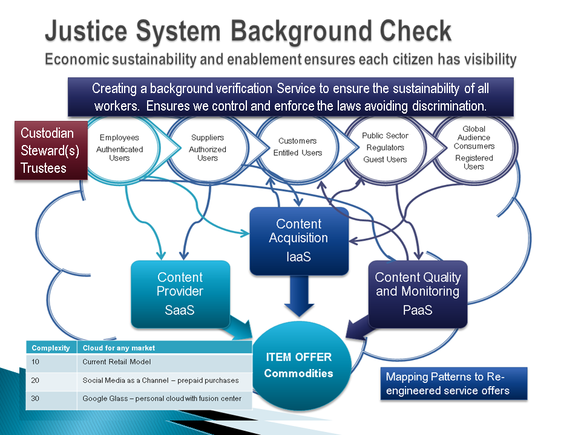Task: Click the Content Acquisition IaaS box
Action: tap(299, 240)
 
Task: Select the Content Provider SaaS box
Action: tap(180, 294)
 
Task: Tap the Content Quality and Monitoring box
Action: tap(418, 294)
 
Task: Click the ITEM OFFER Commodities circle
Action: tap(298, 365)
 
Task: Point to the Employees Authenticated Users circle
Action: tap(119, 147)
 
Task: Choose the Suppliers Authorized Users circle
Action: tap(208, 147)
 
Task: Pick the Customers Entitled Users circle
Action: tap(297, 147)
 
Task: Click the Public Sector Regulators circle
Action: tap(386, 147)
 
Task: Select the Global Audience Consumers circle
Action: tap(474, 147)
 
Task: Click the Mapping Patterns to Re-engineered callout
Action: tap(453, 384)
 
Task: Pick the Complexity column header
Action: tap(51, 347)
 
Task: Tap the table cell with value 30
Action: tap(51, 398)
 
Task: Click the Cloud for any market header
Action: tap(119, 347)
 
